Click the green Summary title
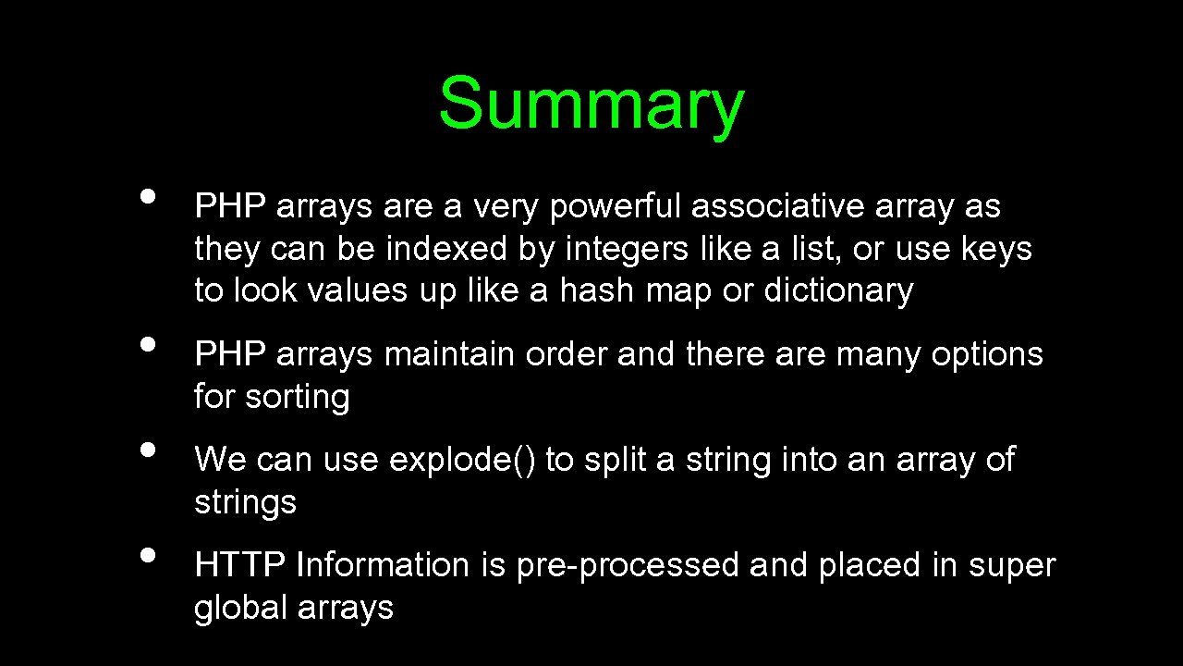pos(591,103)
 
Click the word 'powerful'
pos(616,207)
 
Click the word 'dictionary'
pos(838,291)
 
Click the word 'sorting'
pos(298,398)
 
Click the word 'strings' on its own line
pos(245,503)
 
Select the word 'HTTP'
pos(240,565)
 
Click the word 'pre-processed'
pos(628,566)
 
